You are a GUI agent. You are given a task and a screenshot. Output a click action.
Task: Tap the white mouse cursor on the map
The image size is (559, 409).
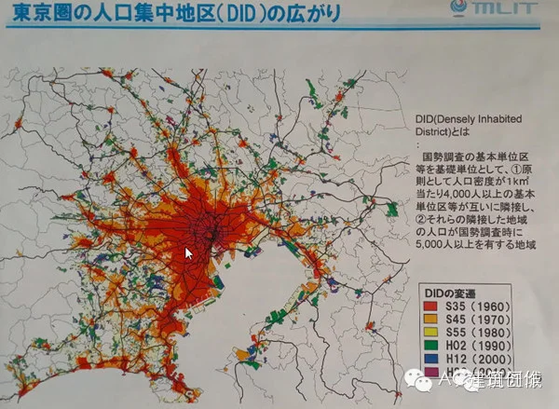(189, 253)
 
